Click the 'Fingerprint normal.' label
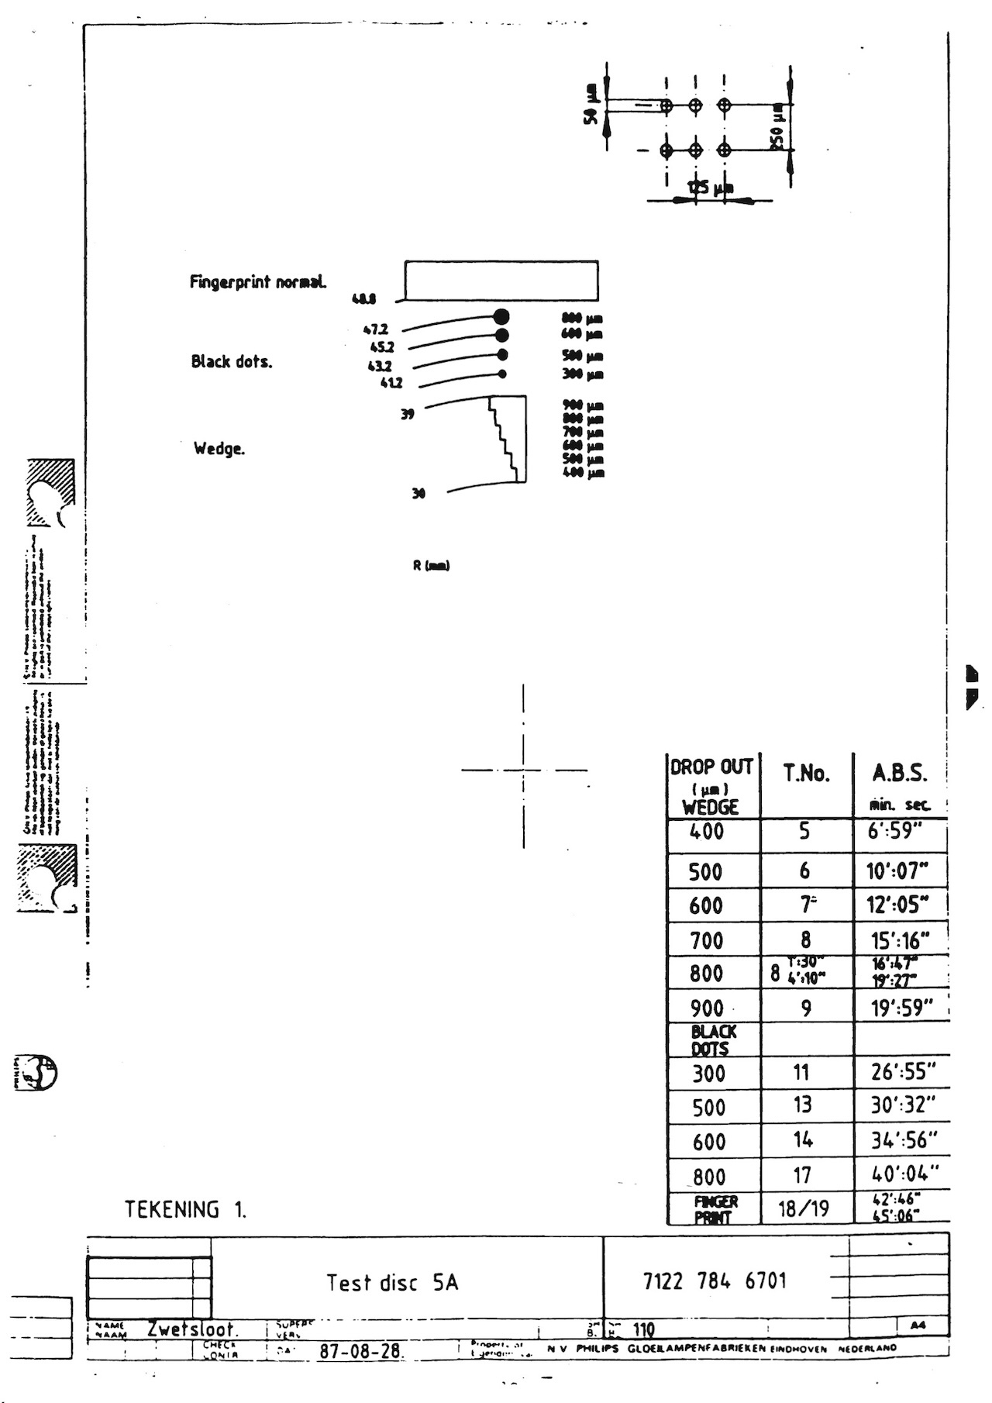tap(257, 282)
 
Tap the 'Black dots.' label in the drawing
tap(231, 362)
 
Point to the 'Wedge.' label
tap(219, 449)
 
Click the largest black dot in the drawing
tap(501, 316)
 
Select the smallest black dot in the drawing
tap(502, 374)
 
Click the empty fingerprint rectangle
tap(501, 281)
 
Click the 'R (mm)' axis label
tap(431, 566)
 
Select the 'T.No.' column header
tap(806, 774)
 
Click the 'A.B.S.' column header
tap(899, 774)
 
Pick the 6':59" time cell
tap(895, 832)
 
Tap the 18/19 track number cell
tap(804, 1208)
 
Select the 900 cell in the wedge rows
tap(706, 1008)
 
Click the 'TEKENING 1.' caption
tap(185, 1210)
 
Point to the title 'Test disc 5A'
tap(392, 1283)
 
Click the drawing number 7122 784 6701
tap(715, 1281)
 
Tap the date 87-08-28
tap(360, 1351)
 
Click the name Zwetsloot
tap(192, 1329)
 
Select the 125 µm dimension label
tap(709, 188)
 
